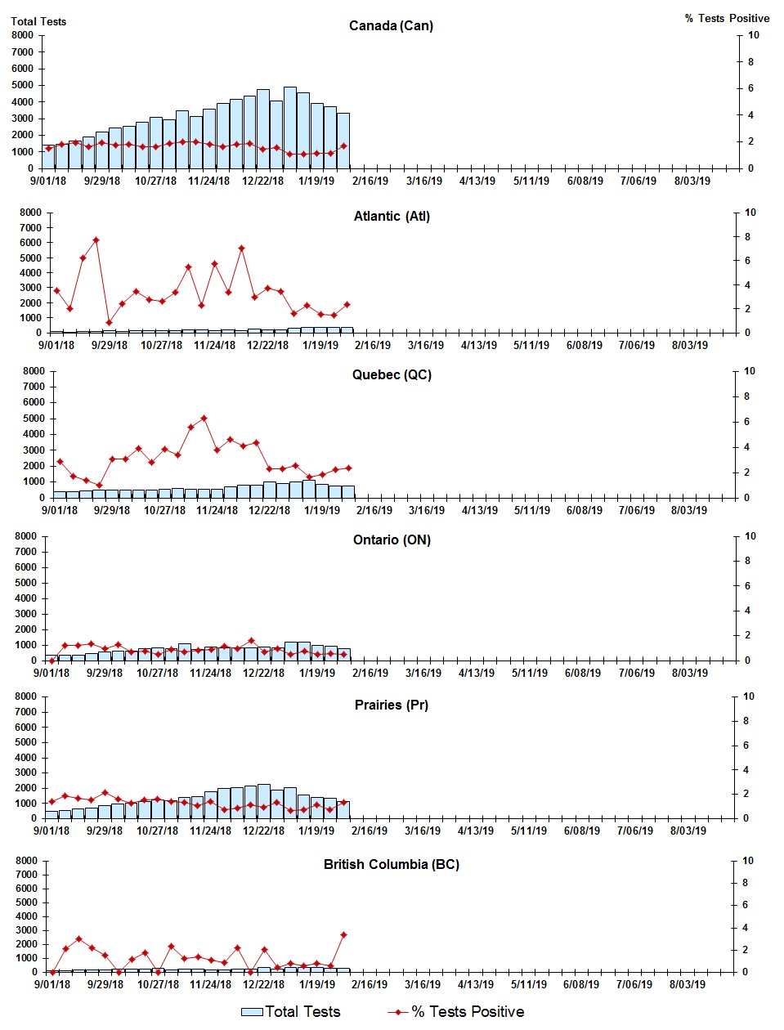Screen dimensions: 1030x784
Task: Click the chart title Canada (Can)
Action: click(391, 25)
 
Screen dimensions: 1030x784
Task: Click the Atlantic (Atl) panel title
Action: click(392, 216)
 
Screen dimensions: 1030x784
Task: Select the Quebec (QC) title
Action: click(392, 374)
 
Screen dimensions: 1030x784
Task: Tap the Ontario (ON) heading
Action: click(392, 540)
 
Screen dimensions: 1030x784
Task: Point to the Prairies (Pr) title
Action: click(391, 705)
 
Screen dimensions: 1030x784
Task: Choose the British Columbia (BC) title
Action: click(391, 864)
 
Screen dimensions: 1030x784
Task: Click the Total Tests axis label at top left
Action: click(38, 21)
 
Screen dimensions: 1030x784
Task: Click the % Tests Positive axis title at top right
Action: click(727, 18)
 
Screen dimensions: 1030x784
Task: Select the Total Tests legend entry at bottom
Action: click(291, 1011)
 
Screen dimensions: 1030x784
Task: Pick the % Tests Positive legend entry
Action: click(456, 1011)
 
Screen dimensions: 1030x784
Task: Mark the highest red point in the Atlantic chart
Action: click(96, 240)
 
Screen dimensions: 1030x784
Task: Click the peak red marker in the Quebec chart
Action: click(204, 418)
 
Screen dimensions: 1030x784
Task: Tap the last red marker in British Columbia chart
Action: click(343, 934)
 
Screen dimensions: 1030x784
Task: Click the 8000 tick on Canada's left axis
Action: click(23, 35)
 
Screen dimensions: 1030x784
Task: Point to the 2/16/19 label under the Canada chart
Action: click(370, 181)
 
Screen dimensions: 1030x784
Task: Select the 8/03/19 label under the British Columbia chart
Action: click(688, 984)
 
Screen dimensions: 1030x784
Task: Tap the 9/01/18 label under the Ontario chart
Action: click(51, 673)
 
